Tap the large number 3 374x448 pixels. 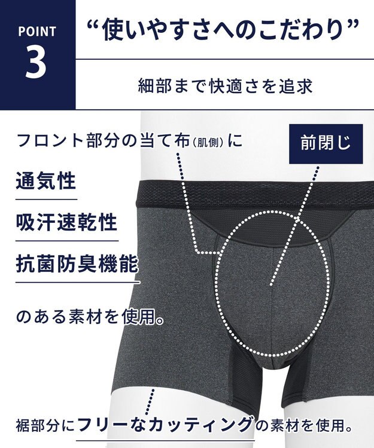[x=37, y=63]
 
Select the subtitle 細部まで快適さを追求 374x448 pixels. [x=224, y=85]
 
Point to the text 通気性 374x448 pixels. [x=46, y=182]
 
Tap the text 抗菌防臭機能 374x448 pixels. [x=77, y=263]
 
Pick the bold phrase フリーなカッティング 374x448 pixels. [x=166, y=425]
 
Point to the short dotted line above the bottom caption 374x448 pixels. [x=151, y=398]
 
